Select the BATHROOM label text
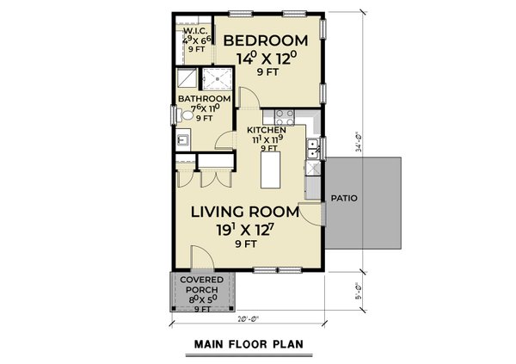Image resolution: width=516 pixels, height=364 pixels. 204,99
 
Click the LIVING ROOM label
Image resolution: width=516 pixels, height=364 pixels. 244,211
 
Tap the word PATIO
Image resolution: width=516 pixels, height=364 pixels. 346,198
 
